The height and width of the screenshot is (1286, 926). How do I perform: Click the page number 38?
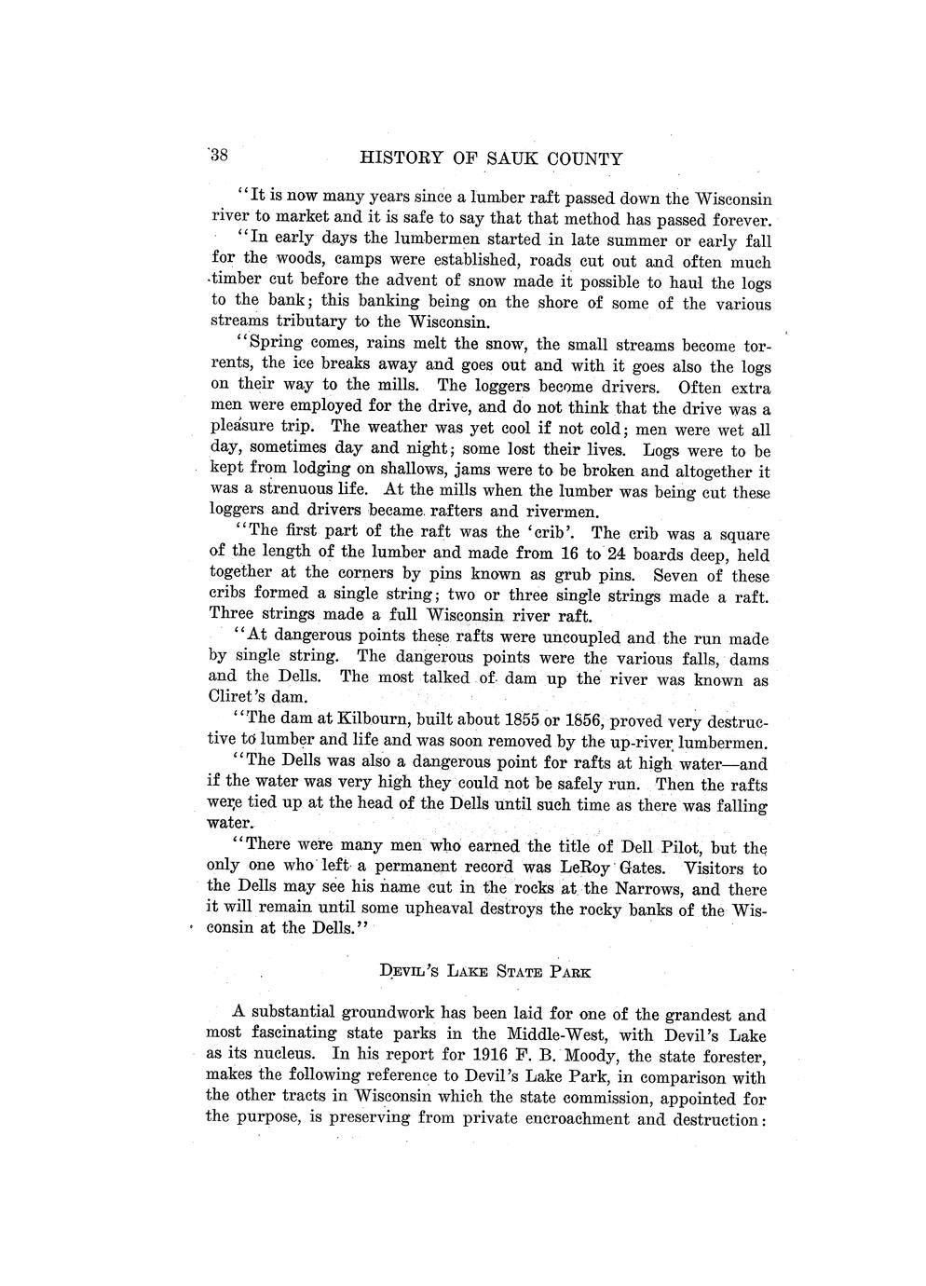(226, 155)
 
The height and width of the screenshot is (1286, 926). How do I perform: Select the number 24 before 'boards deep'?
(619, 554)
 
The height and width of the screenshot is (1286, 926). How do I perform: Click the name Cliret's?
(238, 696)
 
